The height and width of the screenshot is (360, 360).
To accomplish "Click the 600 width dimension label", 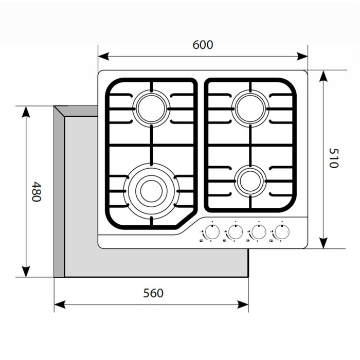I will pyautogui.click(x=203, y=45).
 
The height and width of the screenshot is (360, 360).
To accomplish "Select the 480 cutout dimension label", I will pyautogui.click(x=35, y=191).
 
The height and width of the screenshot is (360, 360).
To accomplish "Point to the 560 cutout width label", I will pyautogui.click(x=153, y=293).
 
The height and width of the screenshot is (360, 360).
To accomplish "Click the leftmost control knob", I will pyautogui.click(x=211, y=232).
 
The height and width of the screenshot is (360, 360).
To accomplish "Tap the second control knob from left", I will pyautogui.click(x=235, y=232).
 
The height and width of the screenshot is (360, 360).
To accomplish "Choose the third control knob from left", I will pyautogui.click(x=258, y=232).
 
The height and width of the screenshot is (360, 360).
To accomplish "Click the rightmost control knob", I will pyautogui.click(x=282, y=232).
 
